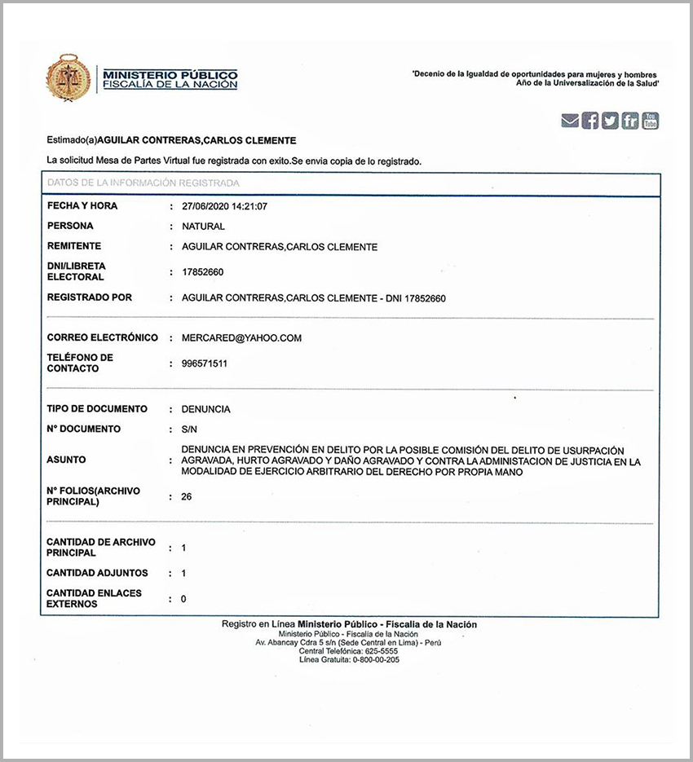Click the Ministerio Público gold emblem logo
(68, 77)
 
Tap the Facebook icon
(590, 121)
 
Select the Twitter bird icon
(610, 121)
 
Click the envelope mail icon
(570, 121)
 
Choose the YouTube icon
(650, 121)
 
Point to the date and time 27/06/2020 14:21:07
(224, 206)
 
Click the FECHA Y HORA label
(82, 206)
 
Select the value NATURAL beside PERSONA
(203, 227)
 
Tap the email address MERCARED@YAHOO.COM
(241, 338)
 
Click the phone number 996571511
(205, 363)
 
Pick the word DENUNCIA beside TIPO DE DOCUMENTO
(205, 409)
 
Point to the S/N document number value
(189, 429)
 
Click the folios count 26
(187, 496)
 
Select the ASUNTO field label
(66, 460)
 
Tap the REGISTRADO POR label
(90, 298)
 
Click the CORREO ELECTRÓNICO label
(102, 337)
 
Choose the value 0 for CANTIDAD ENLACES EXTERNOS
(183, 599)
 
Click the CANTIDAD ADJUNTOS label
(97, 573)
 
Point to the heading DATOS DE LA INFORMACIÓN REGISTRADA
(143, 183)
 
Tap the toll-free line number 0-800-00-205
(372, 659)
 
